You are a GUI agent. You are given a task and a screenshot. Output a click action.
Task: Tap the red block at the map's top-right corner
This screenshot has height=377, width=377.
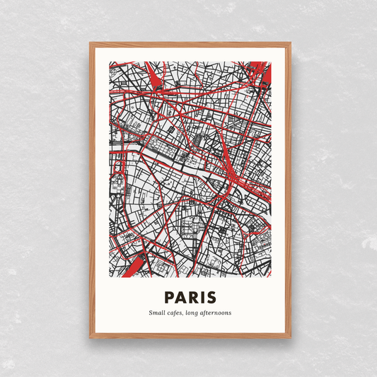tap(261, 71)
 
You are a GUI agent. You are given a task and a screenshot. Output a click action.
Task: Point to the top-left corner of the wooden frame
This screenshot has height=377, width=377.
tap(91, 44)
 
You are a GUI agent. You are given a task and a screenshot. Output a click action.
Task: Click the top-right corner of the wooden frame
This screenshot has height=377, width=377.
tap(289, 44)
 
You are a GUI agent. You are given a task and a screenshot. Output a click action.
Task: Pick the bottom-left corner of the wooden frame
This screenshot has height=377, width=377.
tap(91, 337)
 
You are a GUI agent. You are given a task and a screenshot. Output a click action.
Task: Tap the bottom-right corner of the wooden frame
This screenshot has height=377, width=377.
tap(289, 337)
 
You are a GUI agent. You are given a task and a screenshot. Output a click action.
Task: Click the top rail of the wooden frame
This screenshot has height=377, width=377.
tap(190, 45)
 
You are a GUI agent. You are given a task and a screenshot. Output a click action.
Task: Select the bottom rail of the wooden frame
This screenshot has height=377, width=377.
tap(190, 336)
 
